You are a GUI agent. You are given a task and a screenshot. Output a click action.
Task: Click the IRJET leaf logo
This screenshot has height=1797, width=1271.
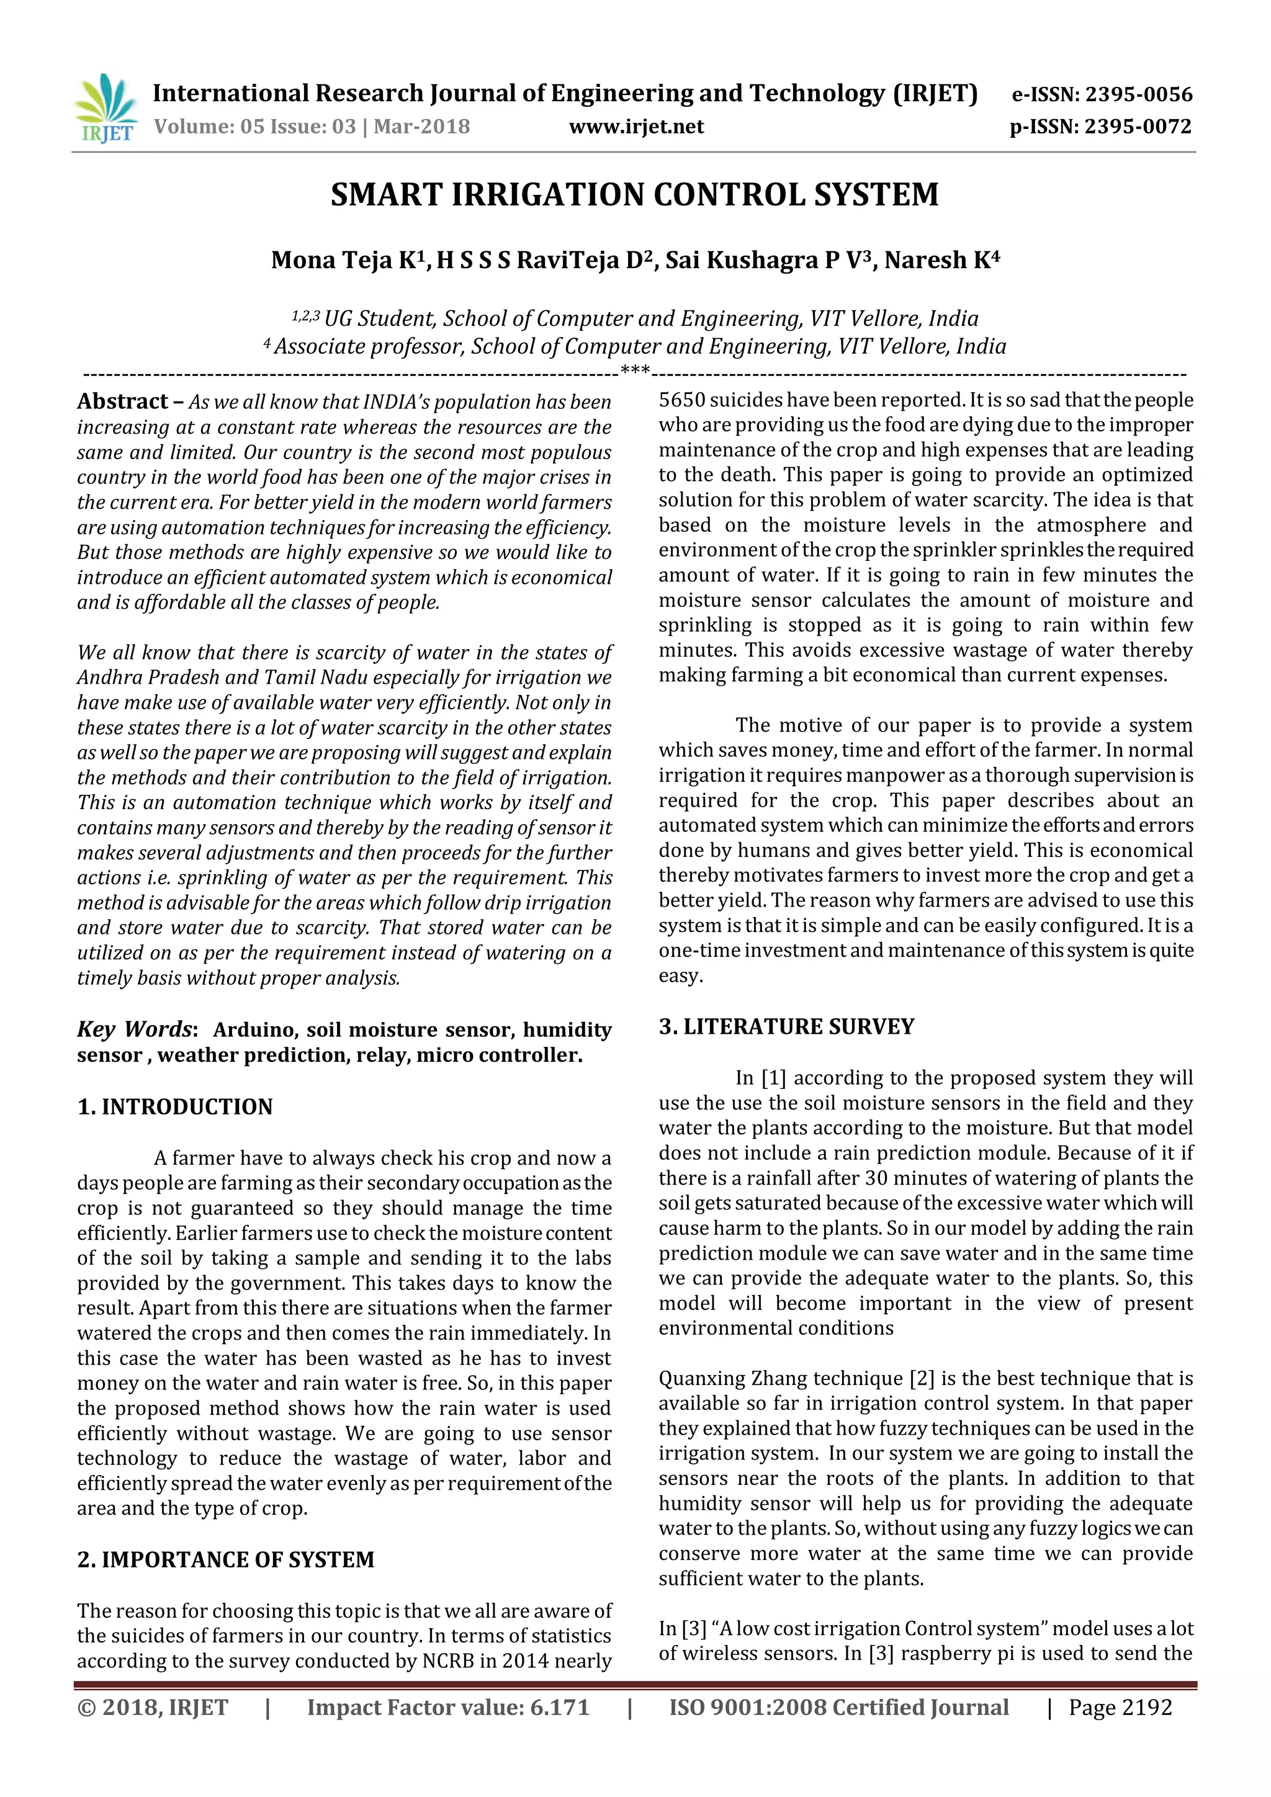105,107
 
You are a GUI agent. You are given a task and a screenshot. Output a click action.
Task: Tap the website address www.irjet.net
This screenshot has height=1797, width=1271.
635,127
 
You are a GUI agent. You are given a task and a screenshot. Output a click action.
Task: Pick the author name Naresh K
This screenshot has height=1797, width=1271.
941,260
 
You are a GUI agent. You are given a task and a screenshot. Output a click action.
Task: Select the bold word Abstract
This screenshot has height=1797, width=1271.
122,401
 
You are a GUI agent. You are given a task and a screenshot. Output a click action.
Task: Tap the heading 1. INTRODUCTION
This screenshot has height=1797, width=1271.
174,1107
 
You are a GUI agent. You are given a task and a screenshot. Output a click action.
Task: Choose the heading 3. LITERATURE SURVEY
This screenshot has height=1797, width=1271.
786,1027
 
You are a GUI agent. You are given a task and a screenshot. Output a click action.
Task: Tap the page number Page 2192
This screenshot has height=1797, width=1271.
1120,1708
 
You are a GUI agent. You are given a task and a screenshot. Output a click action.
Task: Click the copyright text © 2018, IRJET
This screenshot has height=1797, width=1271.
153,1708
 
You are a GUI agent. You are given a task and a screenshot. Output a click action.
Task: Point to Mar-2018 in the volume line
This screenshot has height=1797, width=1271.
422,127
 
